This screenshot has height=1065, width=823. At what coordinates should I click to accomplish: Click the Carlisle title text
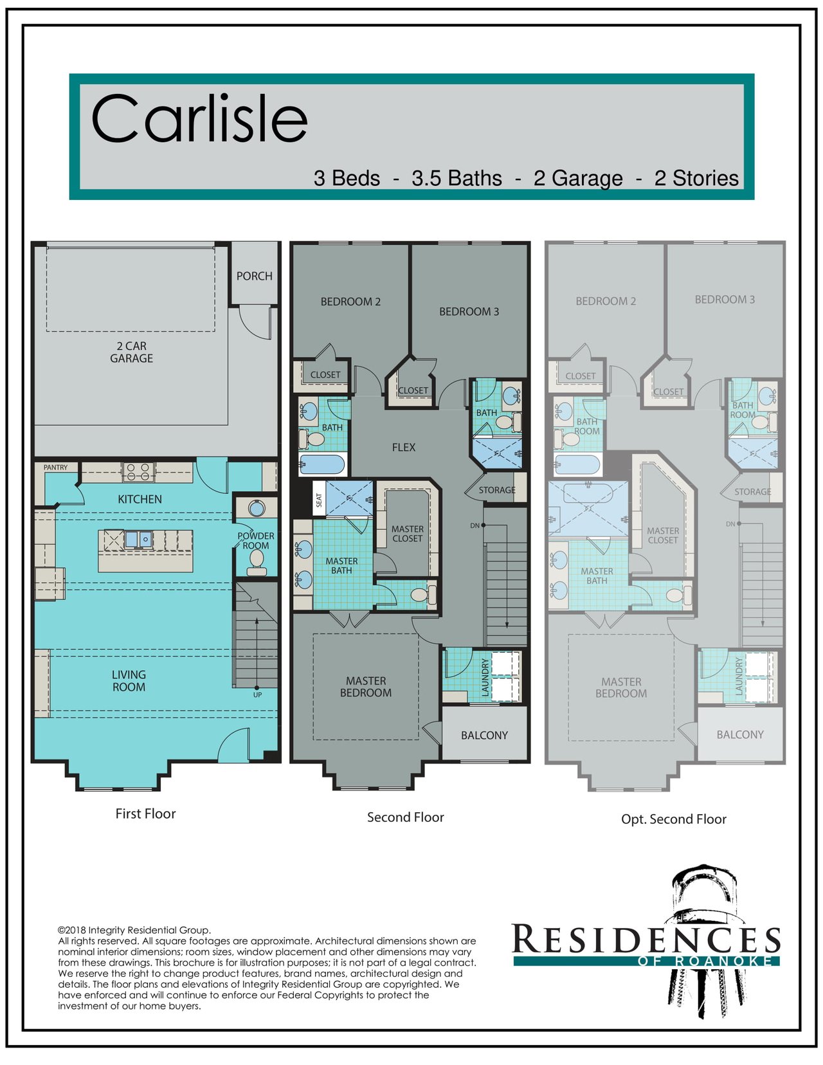click(199, 119)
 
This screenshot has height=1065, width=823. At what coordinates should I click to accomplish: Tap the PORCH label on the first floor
click(254, 276)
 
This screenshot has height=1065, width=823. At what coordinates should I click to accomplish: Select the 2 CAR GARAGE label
click(131, 352)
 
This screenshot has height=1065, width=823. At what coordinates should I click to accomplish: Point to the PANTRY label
click(55, 467)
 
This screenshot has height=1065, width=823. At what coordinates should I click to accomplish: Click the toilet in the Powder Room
click(256, 562)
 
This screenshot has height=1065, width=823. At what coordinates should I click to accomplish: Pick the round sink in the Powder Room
click(256, 508)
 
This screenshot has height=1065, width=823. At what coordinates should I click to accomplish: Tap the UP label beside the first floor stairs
click(257, 695)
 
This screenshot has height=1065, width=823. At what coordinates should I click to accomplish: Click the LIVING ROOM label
click(129, 681)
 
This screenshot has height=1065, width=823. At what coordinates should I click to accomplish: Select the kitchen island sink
click(138, 540)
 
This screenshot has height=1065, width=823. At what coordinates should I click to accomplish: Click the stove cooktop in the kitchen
click(138, 472)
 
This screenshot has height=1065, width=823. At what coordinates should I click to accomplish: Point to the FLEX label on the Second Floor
click(404, 447)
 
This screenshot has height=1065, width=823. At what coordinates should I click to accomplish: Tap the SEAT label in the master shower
click(320, 500)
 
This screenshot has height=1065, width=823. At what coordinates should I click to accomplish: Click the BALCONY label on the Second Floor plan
click(484, 735)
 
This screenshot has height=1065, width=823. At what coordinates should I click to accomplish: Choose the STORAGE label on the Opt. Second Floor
click(752, 491)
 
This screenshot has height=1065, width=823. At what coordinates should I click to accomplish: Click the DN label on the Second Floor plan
click(475, 525)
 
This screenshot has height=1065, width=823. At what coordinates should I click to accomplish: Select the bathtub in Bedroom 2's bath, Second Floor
click(321, 464)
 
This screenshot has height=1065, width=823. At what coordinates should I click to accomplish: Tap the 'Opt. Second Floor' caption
click(674, 819)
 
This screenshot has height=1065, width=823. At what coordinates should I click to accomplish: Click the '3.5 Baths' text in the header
click(457, 178)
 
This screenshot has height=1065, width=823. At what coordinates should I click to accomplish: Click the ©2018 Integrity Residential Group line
click(134, 930)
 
